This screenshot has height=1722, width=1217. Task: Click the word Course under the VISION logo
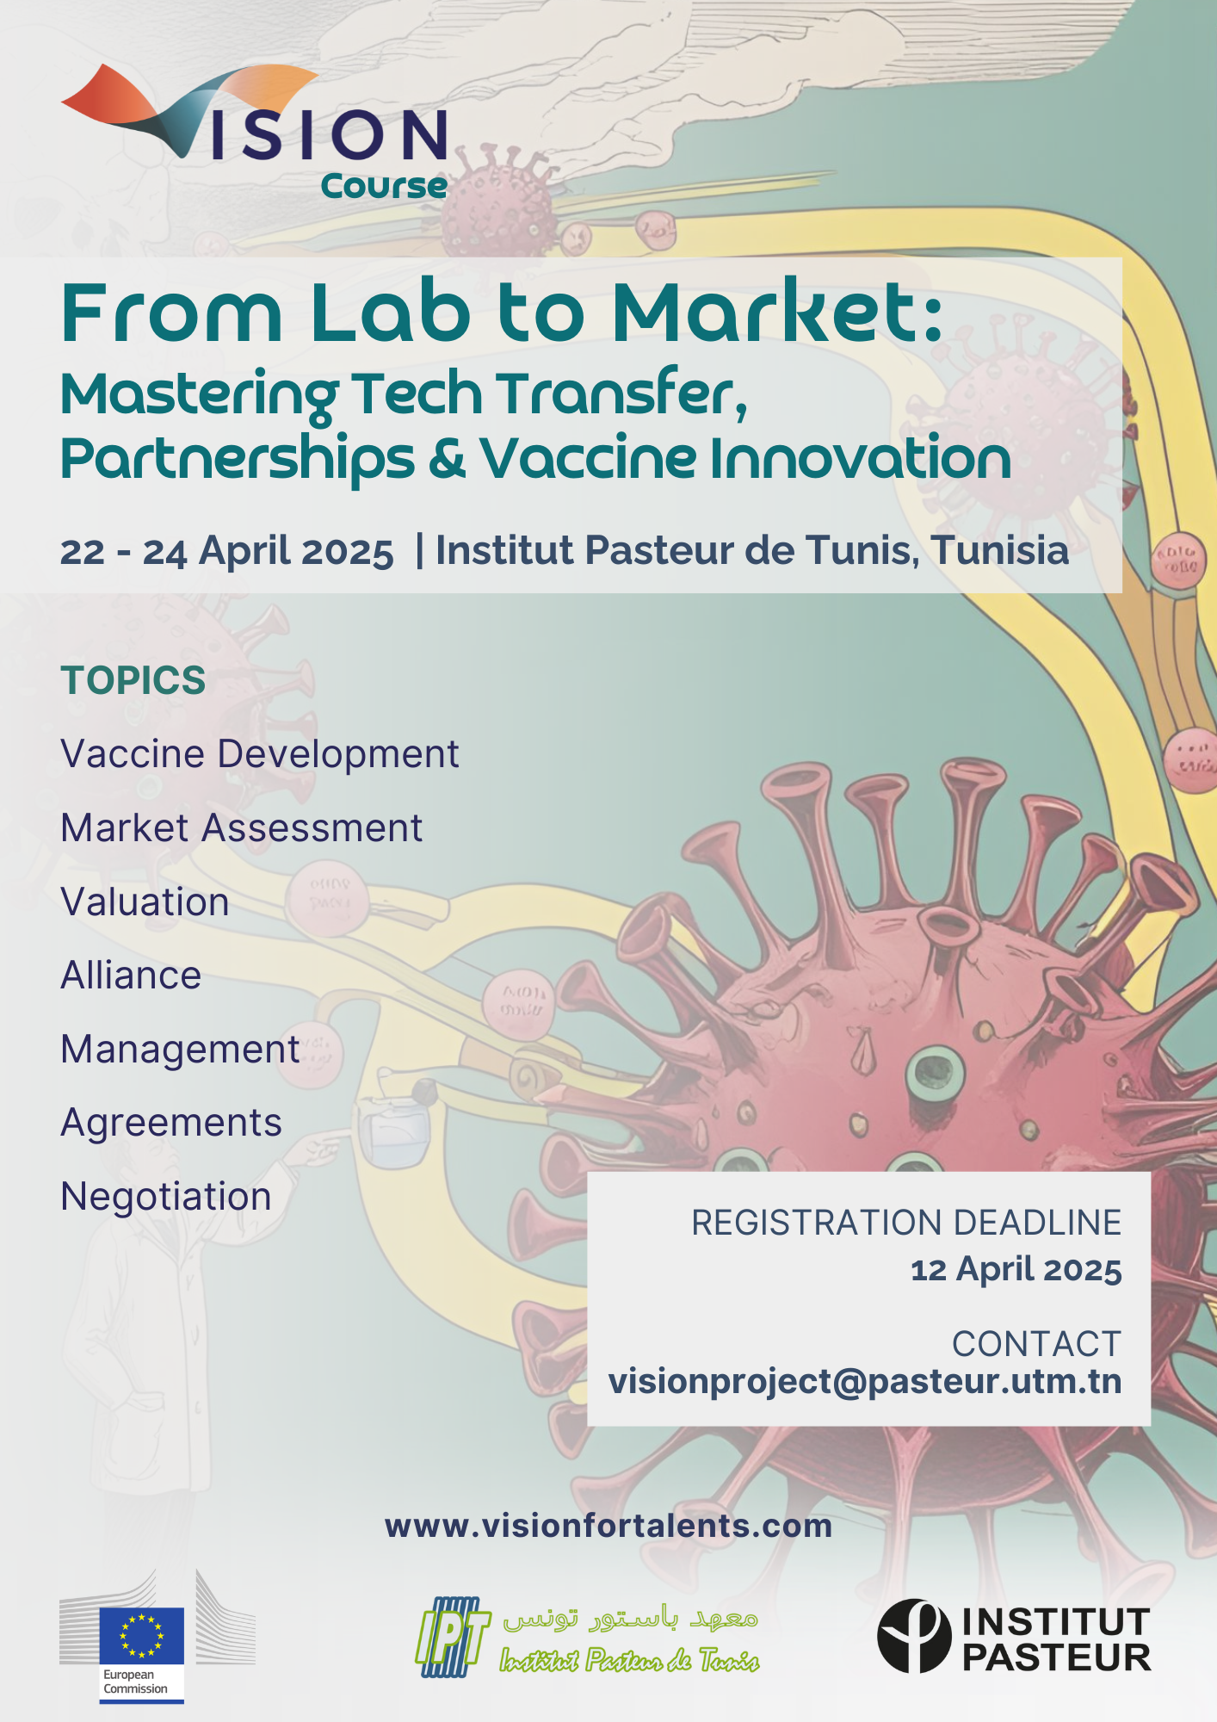tap(384, 186)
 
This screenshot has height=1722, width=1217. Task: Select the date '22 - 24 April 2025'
tap(227, 551)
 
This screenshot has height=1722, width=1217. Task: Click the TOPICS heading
tap(133, 680)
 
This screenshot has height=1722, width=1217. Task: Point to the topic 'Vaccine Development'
tap(260, 754)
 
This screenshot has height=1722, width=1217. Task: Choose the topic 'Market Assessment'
tap(242, 828)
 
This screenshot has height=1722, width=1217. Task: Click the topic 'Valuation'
tap(145, 902)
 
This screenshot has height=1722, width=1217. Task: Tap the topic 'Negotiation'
tap(166, 1197)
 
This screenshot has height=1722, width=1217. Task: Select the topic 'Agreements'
tap(171, 1124)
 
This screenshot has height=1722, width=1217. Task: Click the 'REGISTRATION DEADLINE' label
tap(906, 1223)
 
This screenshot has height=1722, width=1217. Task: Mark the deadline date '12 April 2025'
tap(1016, 1270)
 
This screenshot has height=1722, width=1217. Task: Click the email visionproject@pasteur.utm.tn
tap(865, 1382)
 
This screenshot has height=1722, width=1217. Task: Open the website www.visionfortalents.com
tap(608, 1526)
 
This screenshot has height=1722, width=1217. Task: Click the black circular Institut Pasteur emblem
tap(914, 1636)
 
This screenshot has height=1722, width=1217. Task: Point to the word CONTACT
tap(1036, 1344)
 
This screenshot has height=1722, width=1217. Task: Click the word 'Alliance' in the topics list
tap(131, 976)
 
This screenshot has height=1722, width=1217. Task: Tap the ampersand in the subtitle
tap(447, 458)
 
